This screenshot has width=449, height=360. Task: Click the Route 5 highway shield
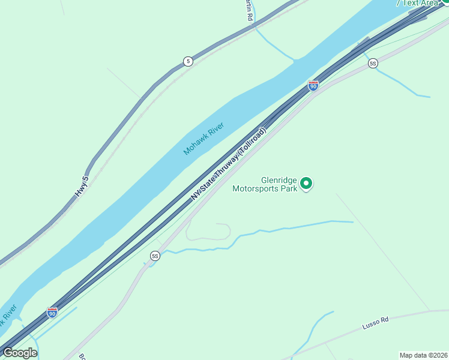188,61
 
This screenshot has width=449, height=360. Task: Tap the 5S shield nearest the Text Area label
373,63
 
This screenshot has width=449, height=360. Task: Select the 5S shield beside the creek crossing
155,256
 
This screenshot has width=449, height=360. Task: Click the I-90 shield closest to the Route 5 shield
313,86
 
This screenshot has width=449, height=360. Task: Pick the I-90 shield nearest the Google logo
52,312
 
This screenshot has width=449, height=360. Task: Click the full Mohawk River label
203,139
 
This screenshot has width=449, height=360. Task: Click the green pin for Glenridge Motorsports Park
306,184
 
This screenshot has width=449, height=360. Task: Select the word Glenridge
279,179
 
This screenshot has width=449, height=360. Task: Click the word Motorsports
257,188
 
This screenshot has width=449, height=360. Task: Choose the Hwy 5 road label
82,187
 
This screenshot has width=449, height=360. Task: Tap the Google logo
20,353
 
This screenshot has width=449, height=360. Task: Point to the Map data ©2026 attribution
423,355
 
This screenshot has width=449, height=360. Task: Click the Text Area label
420,3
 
